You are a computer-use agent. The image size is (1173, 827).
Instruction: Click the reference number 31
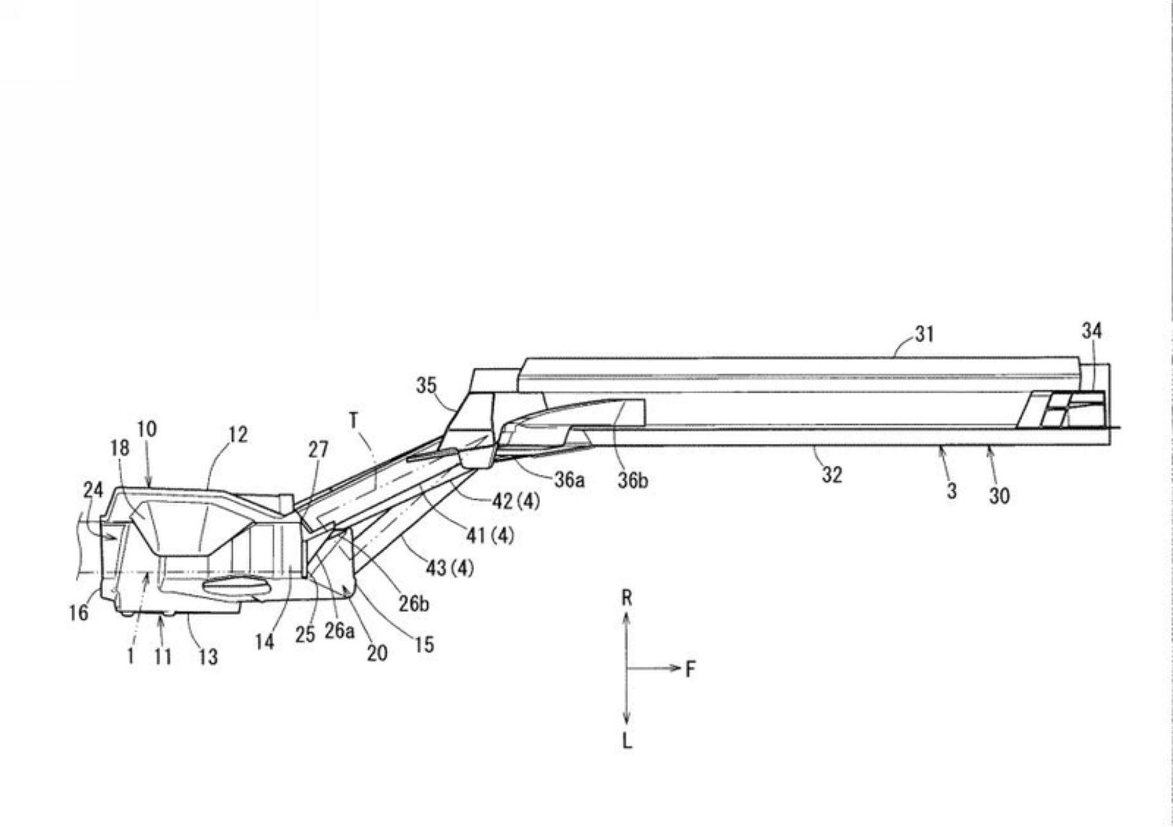click(924, 334)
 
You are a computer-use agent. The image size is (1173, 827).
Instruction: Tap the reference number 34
click(1092, 331)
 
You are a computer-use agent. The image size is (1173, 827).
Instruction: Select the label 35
click(426, 385)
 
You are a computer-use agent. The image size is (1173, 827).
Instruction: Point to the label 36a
click(569, 480)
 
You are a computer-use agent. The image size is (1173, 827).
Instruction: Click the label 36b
click(632, 481)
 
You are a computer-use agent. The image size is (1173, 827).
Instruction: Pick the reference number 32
click(831, 475)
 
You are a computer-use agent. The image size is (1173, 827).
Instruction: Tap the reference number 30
click(999, 496)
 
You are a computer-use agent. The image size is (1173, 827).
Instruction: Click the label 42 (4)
click(516, 501)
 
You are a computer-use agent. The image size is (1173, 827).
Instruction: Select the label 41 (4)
click(489, 536)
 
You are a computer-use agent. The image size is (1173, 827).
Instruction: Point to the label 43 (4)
click(450, 569)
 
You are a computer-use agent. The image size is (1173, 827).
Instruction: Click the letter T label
click(354, 420)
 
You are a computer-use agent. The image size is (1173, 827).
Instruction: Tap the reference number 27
click(318, 450)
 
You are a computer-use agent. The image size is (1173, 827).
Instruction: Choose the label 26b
click(414, 604)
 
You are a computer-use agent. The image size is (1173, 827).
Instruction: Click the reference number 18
click(120, 448)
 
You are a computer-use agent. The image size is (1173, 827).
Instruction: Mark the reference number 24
click(93, 490)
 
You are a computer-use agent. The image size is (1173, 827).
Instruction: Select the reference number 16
click(78, 612)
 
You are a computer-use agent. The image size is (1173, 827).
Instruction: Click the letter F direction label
click(690, 669)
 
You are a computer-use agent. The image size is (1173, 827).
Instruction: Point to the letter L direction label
click(627, 741)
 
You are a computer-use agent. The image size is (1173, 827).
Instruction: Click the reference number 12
click(238, 435)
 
